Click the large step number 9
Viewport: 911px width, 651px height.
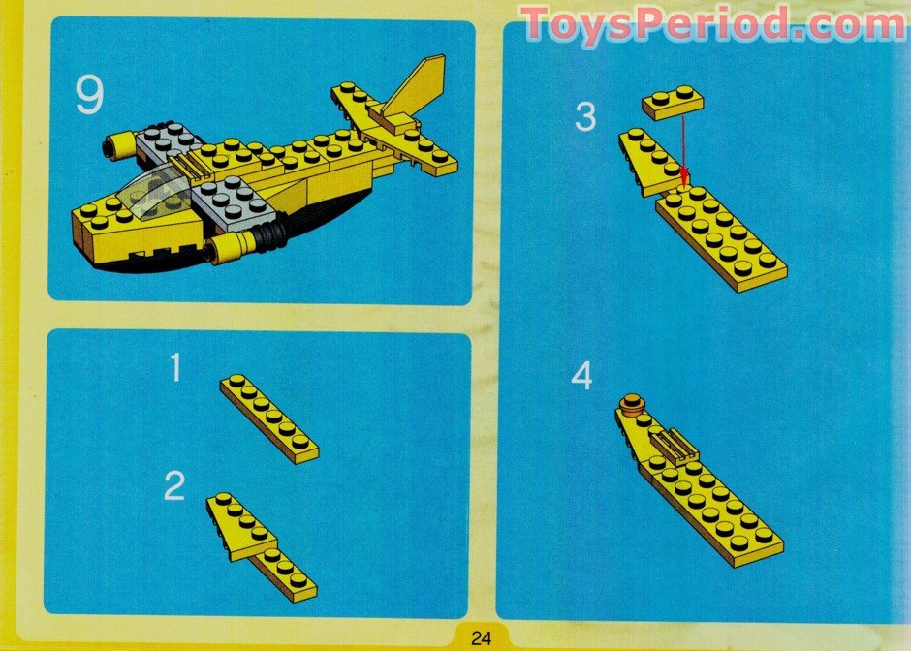pyautogui.click(x=88, y=97)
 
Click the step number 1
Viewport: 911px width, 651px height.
pyautogui.click(x=175, y=369)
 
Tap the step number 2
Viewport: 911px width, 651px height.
pyautogui.click(x=174, y=486)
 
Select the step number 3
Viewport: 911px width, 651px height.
pyautogui.click(x=584, y=117)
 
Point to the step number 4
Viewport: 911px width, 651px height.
pyautogui.click(x=581, y=376)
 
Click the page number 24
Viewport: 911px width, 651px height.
pyautogui.click(x=482, y=637)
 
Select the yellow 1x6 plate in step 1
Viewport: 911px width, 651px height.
pyautogui.click(x=268, y=418)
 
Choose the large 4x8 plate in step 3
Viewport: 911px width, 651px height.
pyautogui.click(x=721, y=237)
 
